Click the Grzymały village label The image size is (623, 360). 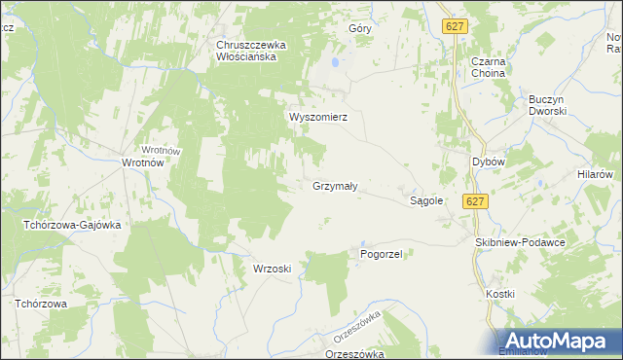click(x=336, y=185)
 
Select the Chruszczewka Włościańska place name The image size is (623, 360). click(x=248, y=51)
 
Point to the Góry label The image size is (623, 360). click(x=360, y=29)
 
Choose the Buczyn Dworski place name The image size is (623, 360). click(x=547, y=104)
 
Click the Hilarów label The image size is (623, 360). click(x=593, y=172)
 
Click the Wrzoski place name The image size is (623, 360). click(x=273, y=269)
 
